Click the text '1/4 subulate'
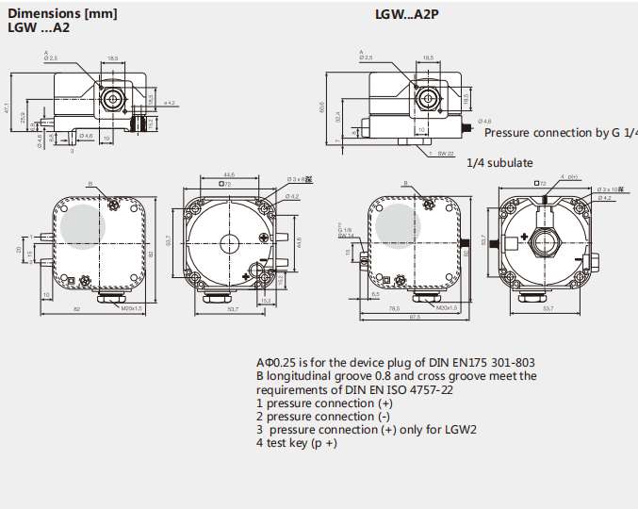[499, 163]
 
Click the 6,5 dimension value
[375, 295]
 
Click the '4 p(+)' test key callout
[569, 176]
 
